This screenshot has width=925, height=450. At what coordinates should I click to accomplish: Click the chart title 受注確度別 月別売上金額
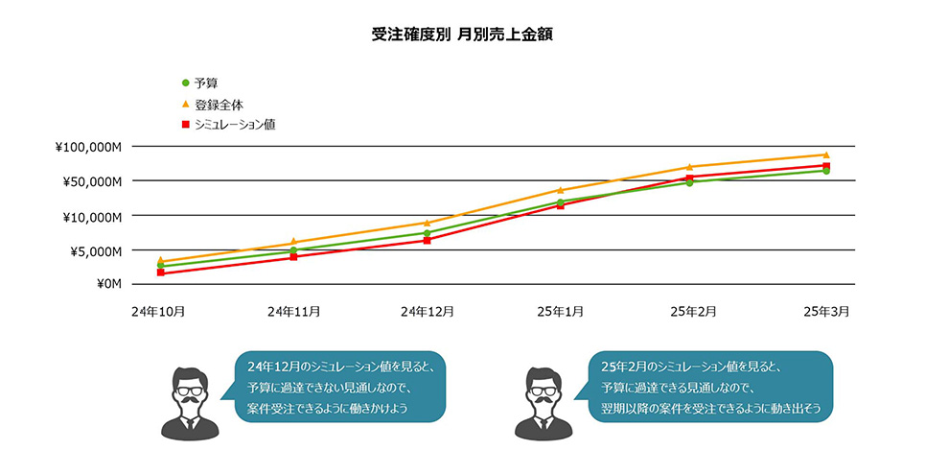461,35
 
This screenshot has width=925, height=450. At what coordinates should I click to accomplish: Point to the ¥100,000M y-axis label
89,147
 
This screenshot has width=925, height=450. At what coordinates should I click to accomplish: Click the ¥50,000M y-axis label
93,181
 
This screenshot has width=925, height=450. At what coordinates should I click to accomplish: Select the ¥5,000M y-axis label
96,250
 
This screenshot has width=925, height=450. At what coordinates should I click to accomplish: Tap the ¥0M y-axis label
108,284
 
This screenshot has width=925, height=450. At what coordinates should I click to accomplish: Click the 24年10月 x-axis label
160,312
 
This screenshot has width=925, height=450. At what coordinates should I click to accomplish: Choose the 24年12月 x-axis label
428,312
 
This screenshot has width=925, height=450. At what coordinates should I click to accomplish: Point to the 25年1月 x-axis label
561,312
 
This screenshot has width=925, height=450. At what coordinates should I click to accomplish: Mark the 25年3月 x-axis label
825,312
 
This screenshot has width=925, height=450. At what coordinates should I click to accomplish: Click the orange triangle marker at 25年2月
690,167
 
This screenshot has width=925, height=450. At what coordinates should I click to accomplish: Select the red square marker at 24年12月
428,240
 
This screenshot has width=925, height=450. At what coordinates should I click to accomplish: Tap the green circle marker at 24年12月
428,232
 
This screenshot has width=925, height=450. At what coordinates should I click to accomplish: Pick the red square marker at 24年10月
160,272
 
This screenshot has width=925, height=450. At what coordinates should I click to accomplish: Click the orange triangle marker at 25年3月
825,154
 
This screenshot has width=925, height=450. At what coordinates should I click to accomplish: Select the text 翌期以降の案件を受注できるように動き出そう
710,409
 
